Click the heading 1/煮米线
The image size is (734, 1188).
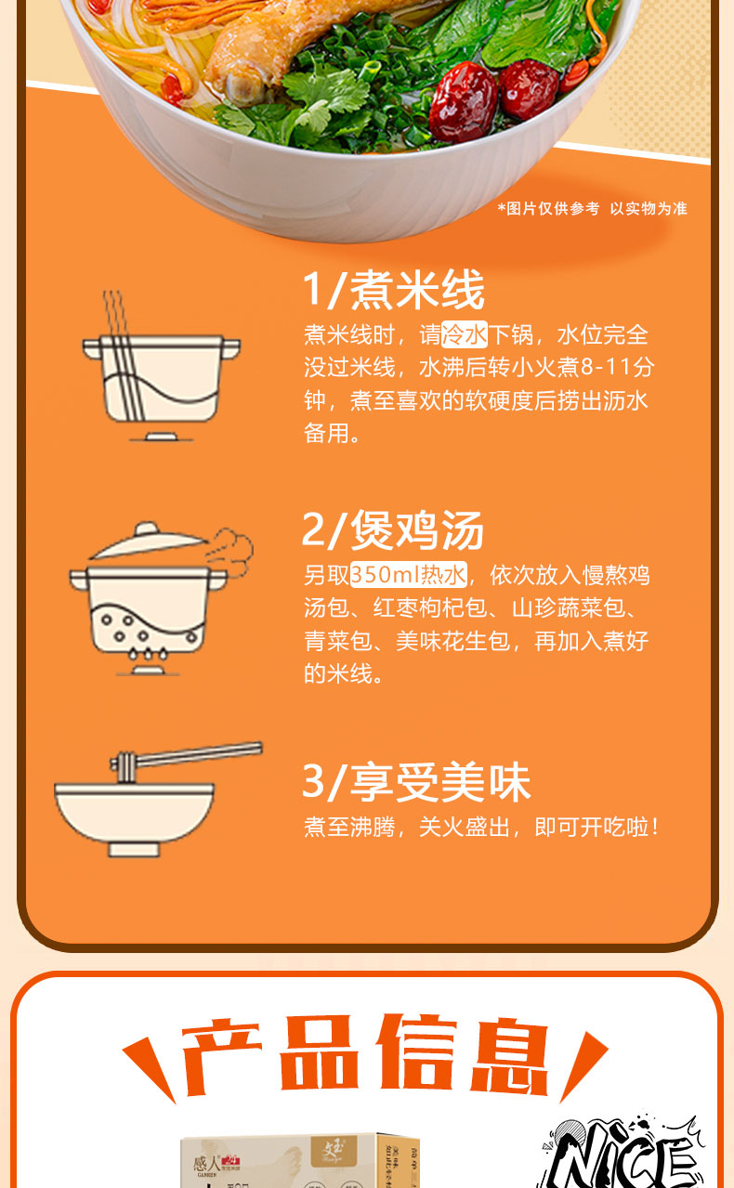(393, 291)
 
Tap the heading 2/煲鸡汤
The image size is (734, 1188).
(393, 531)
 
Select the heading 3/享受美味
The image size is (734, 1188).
(416, 782)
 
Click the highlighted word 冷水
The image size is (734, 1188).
(465, 334)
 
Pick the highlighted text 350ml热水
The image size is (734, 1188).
(409, 575)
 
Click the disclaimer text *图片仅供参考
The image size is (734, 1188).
(548, 209)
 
